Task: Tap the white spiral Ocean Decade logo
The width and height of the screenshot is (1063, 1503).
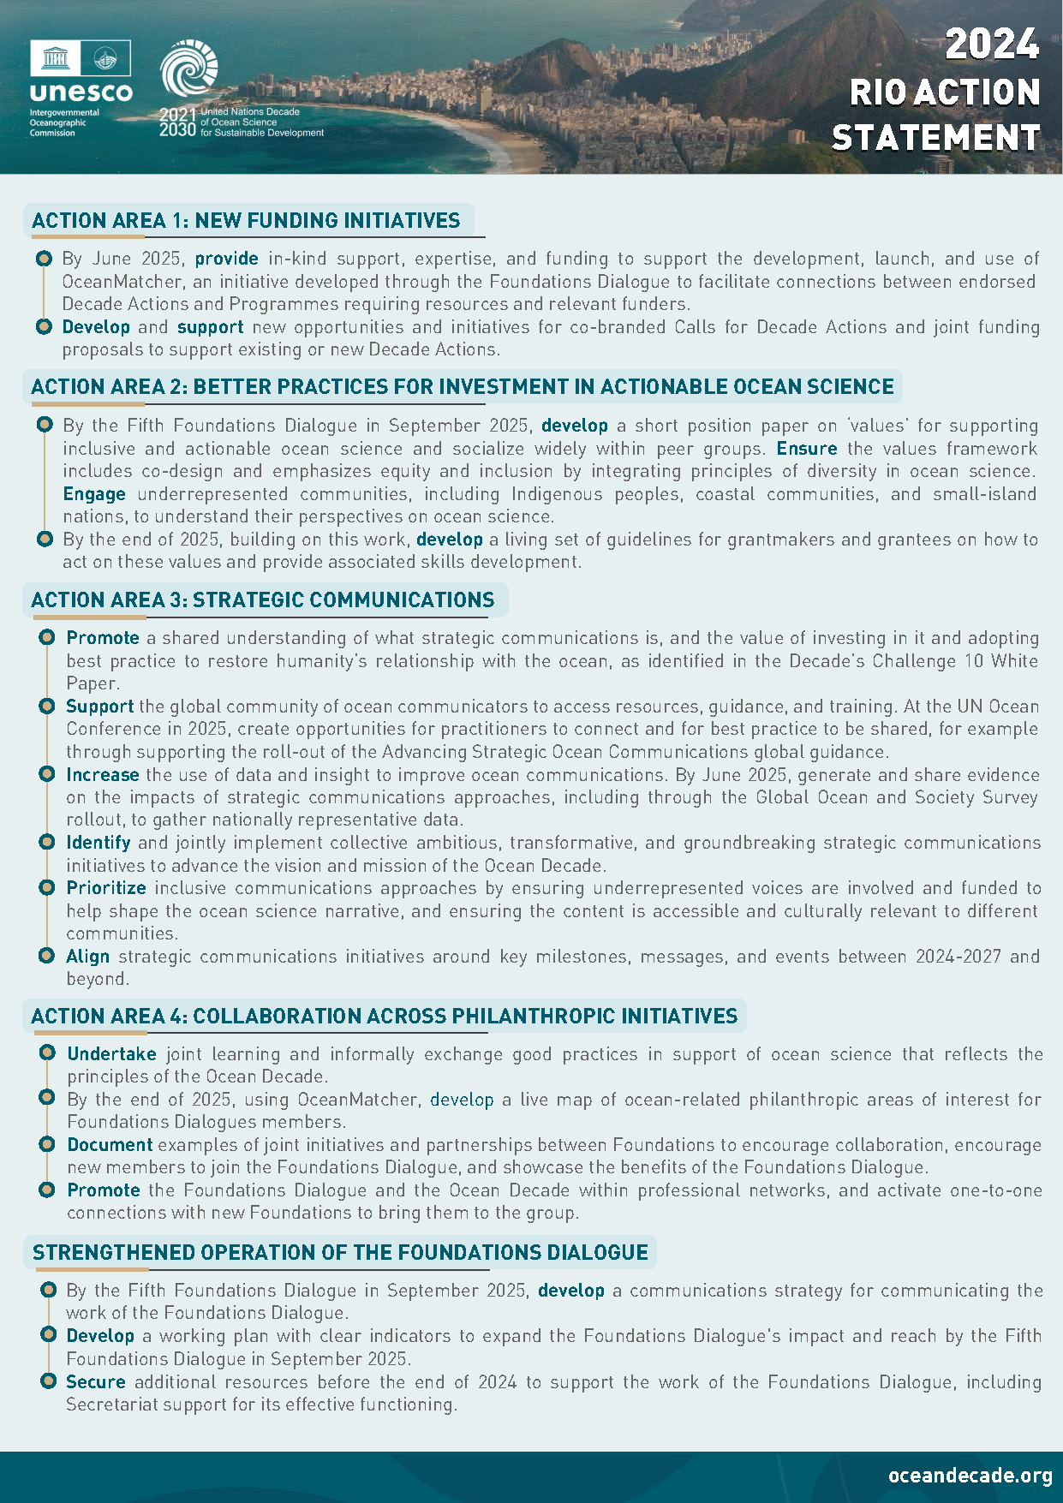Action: [189, 68]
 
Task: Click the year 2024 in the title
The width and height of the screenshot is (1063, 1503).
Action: [991, 45]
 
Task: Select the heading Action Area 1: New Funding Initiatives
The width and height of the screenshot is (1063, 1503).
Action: [246, 221]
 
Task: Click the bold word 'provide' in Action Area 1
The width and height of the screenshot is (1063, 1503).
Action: [226, 259]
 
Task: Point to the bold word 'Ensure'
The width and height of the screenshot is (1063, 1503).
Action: [806, 449]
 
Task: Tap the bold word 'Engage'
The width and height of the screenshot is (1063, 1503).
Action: [94, 494]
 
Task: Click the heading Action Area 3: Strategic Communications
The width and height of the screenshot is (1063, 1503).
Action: [263, 600]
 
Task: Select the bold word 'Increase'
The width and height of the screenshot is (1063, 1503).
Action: [103, 775]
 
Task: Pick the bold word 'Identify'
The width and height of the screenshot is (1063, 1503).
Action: [99, 843]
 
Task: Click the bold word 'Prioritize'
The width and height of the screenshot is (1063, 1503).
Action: [106, 888]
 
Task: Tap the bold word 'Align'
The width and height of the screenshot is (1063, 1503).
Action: [88, 957]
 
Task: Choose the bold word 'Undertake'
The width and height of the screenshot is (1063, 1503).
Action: [112, 1054]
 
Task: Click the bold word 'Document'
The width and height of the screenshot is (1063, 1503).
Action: [110, 1145]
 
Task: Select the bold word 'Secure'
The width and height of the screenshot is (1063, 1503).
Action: [96, 1382]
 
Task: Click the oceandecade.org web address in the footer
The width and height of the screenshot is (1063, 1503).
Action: [970, 1476]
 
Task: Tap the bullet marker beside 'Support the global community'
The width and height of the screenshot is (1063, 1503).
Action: [47, 707]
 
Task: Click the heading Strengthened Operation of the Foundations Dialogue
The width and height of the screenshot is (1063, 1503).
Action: [340, 1253]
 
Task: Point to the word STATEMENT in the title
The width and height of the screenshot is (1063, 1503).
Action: [935, 138]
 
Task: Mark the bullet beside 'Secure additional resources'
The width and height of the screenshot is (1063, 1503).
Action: [48, 1381]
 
